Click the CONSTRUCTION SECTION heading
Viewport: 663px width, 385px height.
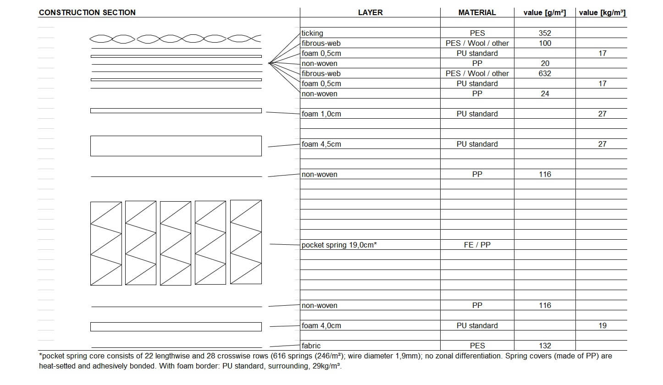point(87,12)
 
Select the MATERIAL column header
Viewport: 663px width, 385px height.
point(477,12)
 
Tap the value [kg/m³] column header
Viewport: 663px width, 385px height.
point(602,12)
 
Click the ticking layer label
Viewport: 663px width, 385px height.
point(312,33)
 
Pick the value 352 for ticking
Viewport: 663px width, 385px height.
point(545,33)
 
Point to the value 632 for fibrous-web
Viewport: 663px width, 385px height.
point(545,73)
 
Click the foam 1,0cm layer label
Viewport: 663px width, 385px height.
point(321,114)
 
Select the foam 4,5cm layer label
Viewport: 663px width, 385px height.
point(321,144)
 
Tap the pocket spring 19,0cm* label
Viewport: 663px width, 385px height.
point(339,245)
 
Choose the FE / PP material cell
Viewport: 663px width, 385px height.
point(477,245)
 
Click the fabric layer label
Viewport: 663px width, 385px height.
point(311,346)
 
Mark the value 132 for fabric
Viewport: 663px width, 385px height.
point(545,346)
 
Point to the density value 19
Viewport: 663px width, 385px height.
point(602,325)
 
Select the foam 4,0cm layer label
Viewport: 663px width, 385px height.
point(321,325)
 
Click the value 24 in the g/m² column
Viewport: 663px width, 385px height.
point(545,93)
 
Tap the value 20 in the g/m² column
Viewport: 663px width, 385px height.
point(545,63)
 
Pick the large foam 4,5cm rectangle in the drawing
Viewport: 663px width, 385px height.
point(176,146)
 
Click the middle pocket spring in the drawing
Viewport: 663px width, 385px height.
point(176,243)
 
